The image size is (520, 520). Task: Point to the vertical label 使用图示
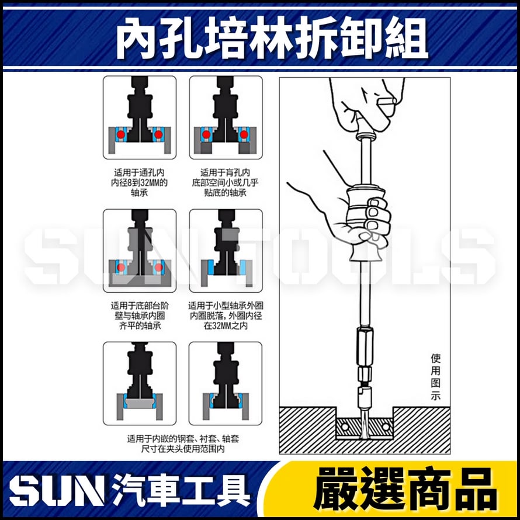click(435, 377)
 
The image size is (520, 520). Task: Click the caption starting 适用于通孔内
click(140, 182)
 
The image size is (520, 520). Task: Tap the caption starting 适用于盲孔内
click(225, 182)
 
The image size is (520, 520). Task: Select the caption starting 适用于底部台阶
click(140, 316)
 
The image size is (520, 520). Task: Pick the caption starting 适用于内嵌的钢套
click(183, 443)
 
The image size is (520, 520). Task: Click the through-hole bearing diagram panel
click(140, 117)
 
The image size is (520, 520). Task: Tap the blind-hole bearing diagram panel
click(226, 117)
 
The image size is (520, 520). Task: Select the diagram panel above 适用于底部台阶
click(140, 251)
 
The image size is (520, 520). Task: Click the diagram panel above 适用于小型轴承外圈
click(226, 251)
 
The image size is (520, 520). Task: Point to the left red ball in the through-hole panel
click(120, 134)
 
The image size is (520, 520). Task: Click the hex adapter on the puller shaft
click(363, 345)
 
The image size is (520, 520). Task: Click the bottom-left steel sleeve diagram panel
click(140, 383)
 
